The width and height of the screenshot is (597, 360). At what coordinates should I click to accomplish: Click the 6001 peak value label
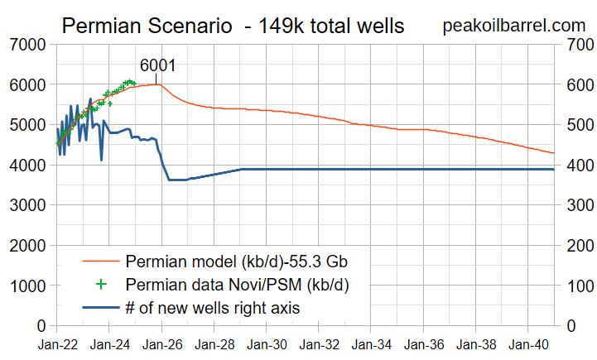[x=157, y=65]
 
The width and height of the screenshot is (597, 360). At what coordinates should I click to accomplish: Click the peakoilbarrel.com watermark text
[x=514, y=25]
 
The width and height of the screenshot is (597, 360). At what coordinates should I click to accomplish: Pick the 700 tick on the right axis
[x=576, y=44]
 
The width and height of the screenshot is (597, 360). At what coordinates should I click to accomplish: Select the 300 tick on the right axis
[x=576, y=205]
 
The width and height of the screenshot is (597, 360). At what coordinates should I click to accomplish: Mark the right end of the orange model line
[x=553, y=153]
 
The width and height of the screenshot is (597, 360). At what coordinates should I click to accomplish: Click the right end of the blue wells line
[x=553, y=169]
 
